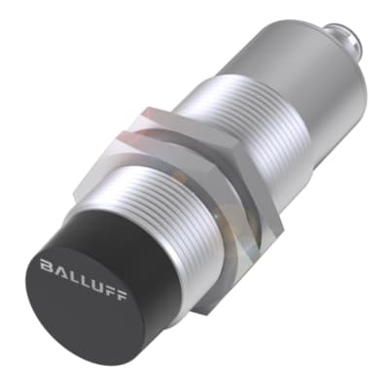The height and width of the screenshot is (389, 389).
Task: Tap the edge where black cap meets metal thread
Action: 146,219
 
